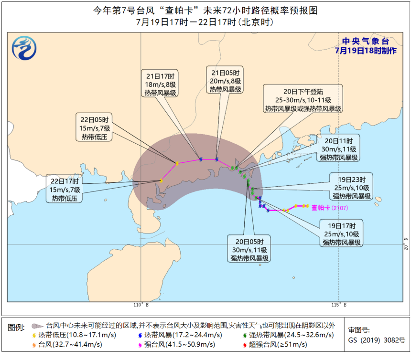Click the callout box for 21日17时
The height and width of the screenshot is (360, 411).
coord(161,84)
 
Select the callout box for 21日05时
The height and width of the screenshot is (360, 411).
coord(226,81)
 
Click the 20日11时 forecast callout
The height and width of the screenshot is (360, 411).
coord(339,149)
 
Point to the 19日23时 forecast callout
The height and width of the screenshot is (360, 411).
coord(352,188)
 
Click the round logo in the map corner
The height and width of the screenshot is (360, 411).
coord(25,49)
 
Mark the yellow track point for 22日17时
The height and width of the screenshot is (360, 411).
coord(161,180)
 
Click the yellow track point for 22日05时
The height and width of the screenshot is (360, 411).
coord(177,163)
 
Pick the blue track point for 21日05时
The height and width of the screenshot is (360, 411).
coord(217,159)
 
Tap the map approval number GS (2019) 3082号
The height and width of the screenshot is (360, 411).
coord(377,340)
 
